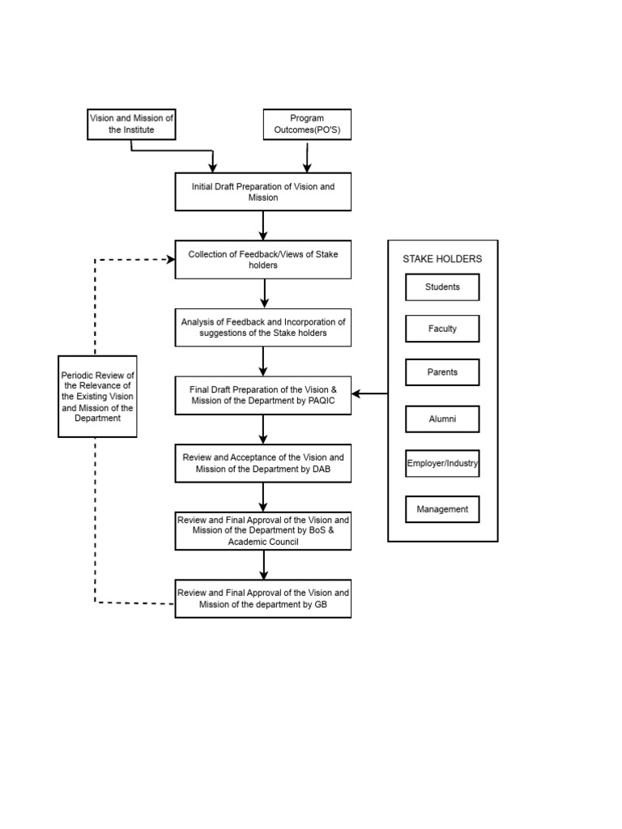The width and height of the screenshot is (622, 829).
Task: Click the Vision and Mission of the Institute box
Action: pyautogui.click(x=131, y=124)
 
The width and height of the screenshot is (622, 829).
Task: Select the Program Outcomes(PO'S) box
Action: pyautogui.click(x=307, y=124)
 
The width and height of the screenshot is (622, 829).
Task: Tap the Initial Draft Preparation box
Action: pyautogui.click(x=263, y=192)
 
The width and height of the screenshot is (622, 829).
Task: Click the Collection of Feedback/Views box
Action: pyautogui.click(x=263, y=260)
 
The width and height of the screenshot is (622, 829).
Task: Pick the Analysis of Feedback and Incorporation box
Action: pyautogui.click(x=263, y=327)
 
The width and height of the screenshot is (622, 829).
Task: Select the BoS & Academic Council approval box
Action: pyautogui.click(x=263, y=530)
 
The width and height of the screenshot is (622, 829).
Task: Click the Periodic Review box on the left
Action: pyautogui.click(x=97, y=397)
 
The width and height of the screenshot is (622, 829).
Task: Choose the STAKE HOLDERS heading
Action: pyautogui.click(x=442, y=259)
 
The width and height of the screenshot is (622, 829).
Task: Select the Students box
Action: pyautogui.click(x=442, y=287)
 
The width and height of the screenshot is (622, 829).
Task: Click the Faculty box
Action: pyautogui.click(x=442, y=329)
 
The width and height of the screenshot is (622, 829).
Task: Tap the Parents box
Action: pyautogui.click(x=442, y=372)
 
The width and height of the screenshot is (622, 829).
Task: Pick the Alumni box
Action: pyautogui.click(x=442, y=419)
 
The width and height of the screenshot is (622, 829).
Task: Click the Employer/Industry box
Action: pyautogui.click(x=442, y=464)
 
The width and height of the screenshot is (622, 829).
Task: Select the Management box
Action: pyautogui.click(x=442, y=509)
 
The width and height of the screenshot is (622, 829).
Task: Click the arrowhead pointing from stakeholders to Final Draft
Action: pyautogui.click(x=357, y=394)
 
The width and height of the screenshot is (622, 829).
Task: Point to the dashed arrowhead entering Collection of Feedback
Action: pyautogui.click(x=170, y=259)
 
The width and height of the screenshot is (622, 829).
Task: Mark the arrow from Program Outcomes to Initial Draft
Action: pyautogui.click(x=307, y=157)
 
